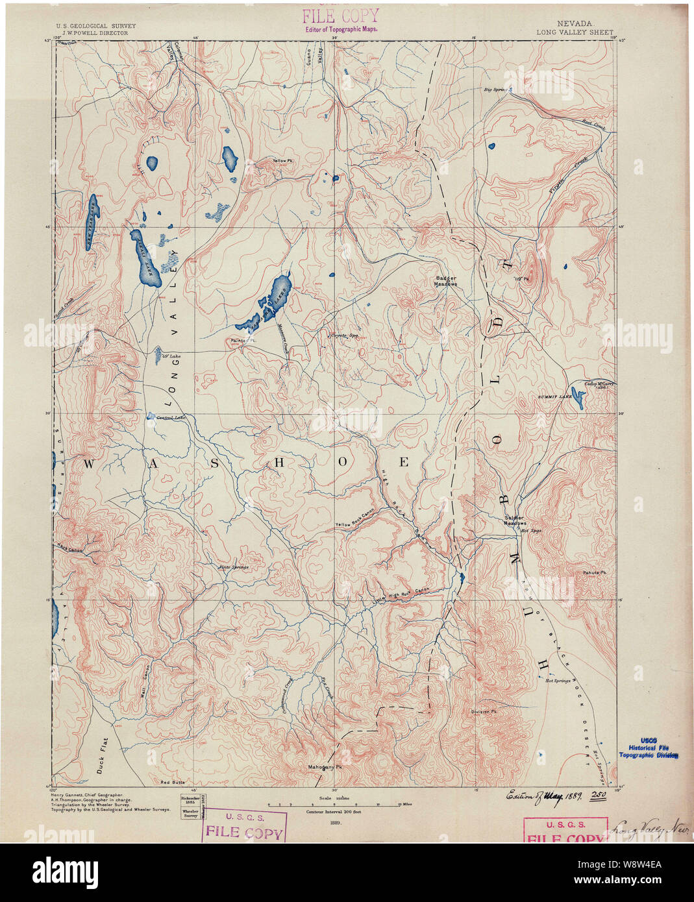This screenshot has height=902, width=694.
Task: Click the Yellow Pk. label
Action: (283, 161)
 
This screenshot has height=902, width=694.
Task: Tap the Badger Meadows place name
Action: (446, 281)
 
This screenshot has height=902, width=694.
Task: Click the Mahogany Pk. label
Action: (325, 766)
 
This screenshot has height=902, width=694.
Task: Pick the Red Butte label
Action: (173, 783)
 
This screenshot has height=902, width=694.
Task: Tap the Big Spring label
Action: (495, 89)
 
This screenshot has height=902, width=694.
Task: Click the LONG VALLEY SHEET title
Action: (575, 32)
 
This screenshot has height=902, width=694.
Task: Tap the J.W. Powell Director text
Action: (92, 32)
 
